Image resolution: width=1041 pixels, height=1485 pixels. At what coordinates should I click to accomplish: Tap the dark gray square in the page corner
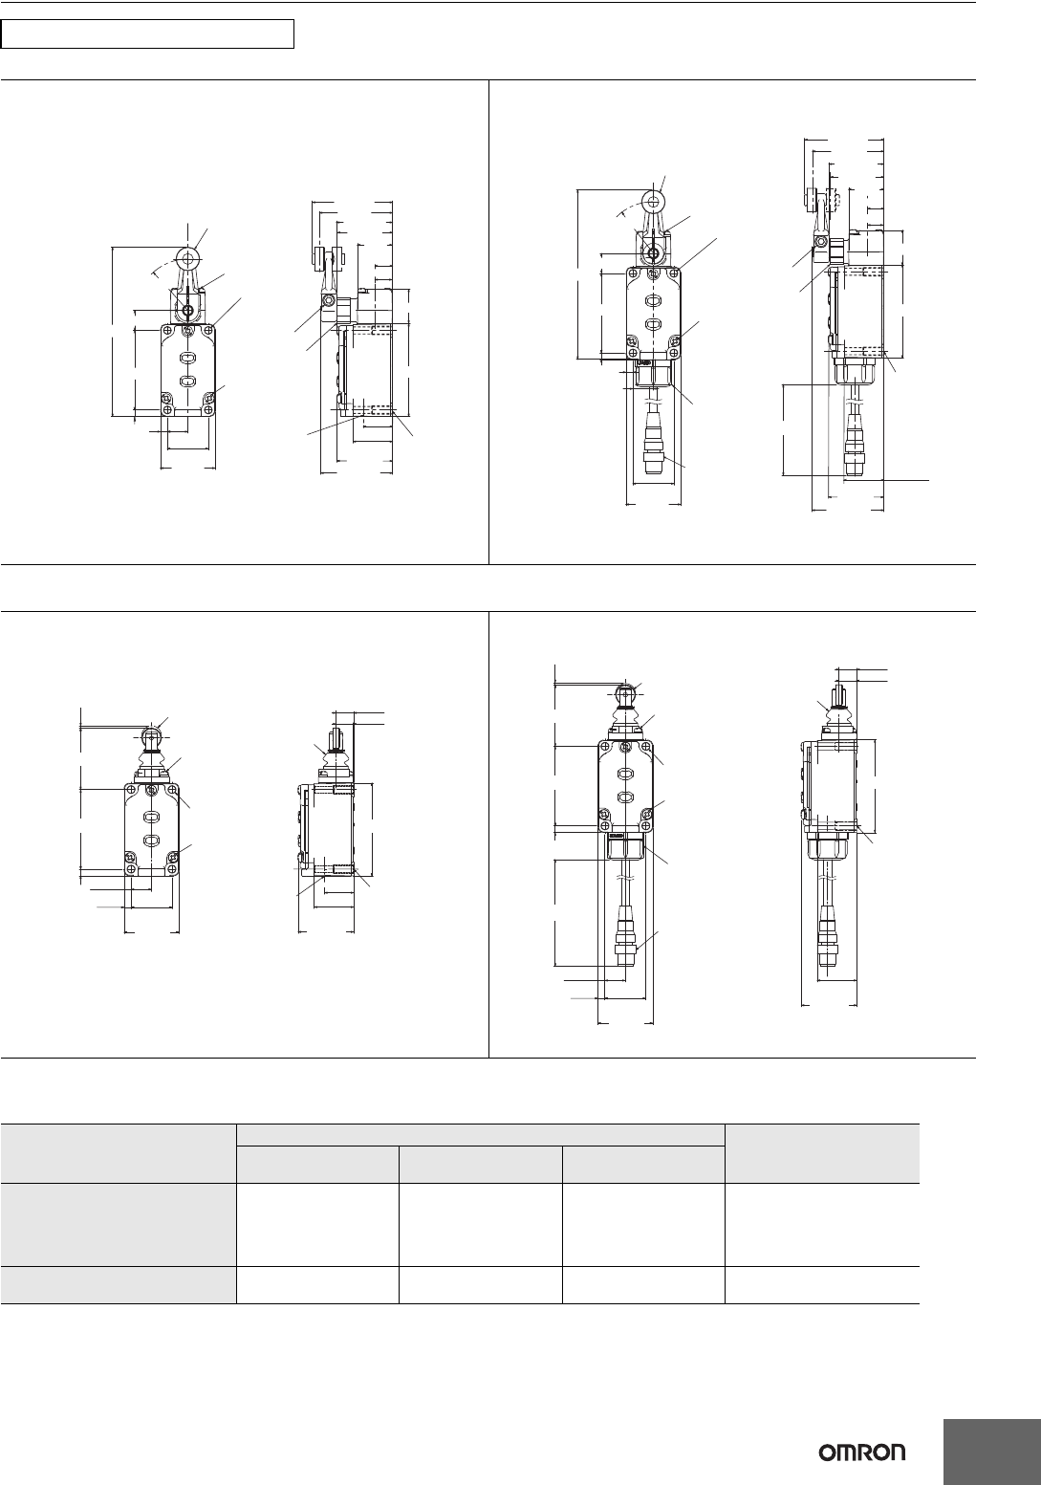coord(991,1452)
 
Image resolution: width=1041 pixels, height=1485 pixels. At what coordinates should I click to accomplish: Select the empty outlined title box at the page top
coord(147,33)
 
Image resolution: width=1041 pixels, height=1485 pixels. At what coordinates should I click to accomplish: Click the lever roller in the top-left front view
coord(188,257)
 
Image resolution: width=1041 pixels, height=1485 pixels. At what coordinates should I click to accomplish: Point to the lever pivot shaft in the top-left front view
coord(188,310)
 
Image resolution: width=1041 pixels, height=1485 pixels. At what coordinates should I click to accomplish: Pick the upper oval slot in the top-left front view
coord(188,358)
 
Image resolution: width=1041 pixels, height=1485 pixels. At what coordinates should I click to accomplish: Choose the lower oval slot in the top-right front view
coord(653,324)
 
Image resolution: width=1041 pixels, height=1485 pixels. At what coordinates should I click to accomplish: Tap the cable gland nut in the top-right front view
coord(653,376)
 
